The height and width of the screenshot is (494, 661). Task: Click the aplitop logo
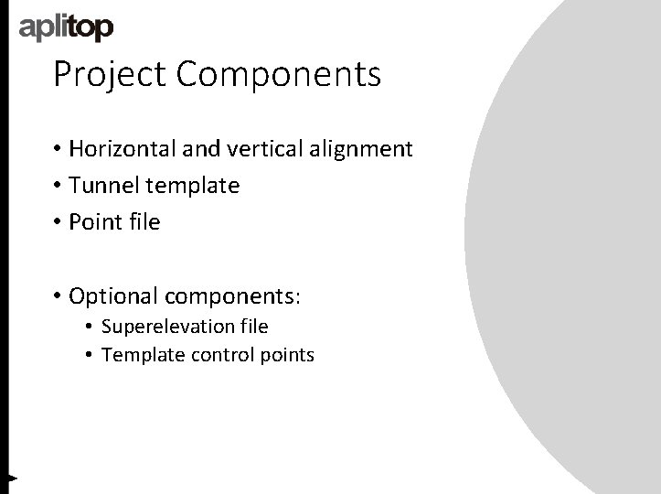(x=67, y=27)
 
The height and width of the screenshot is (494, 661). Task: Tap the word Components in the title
(x=279, y=74)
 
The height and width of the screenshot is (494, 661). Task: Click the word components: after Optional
(x=235, y=296)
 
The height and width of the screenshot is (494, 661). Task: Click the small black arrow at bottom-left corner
(x=12, y=477)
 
